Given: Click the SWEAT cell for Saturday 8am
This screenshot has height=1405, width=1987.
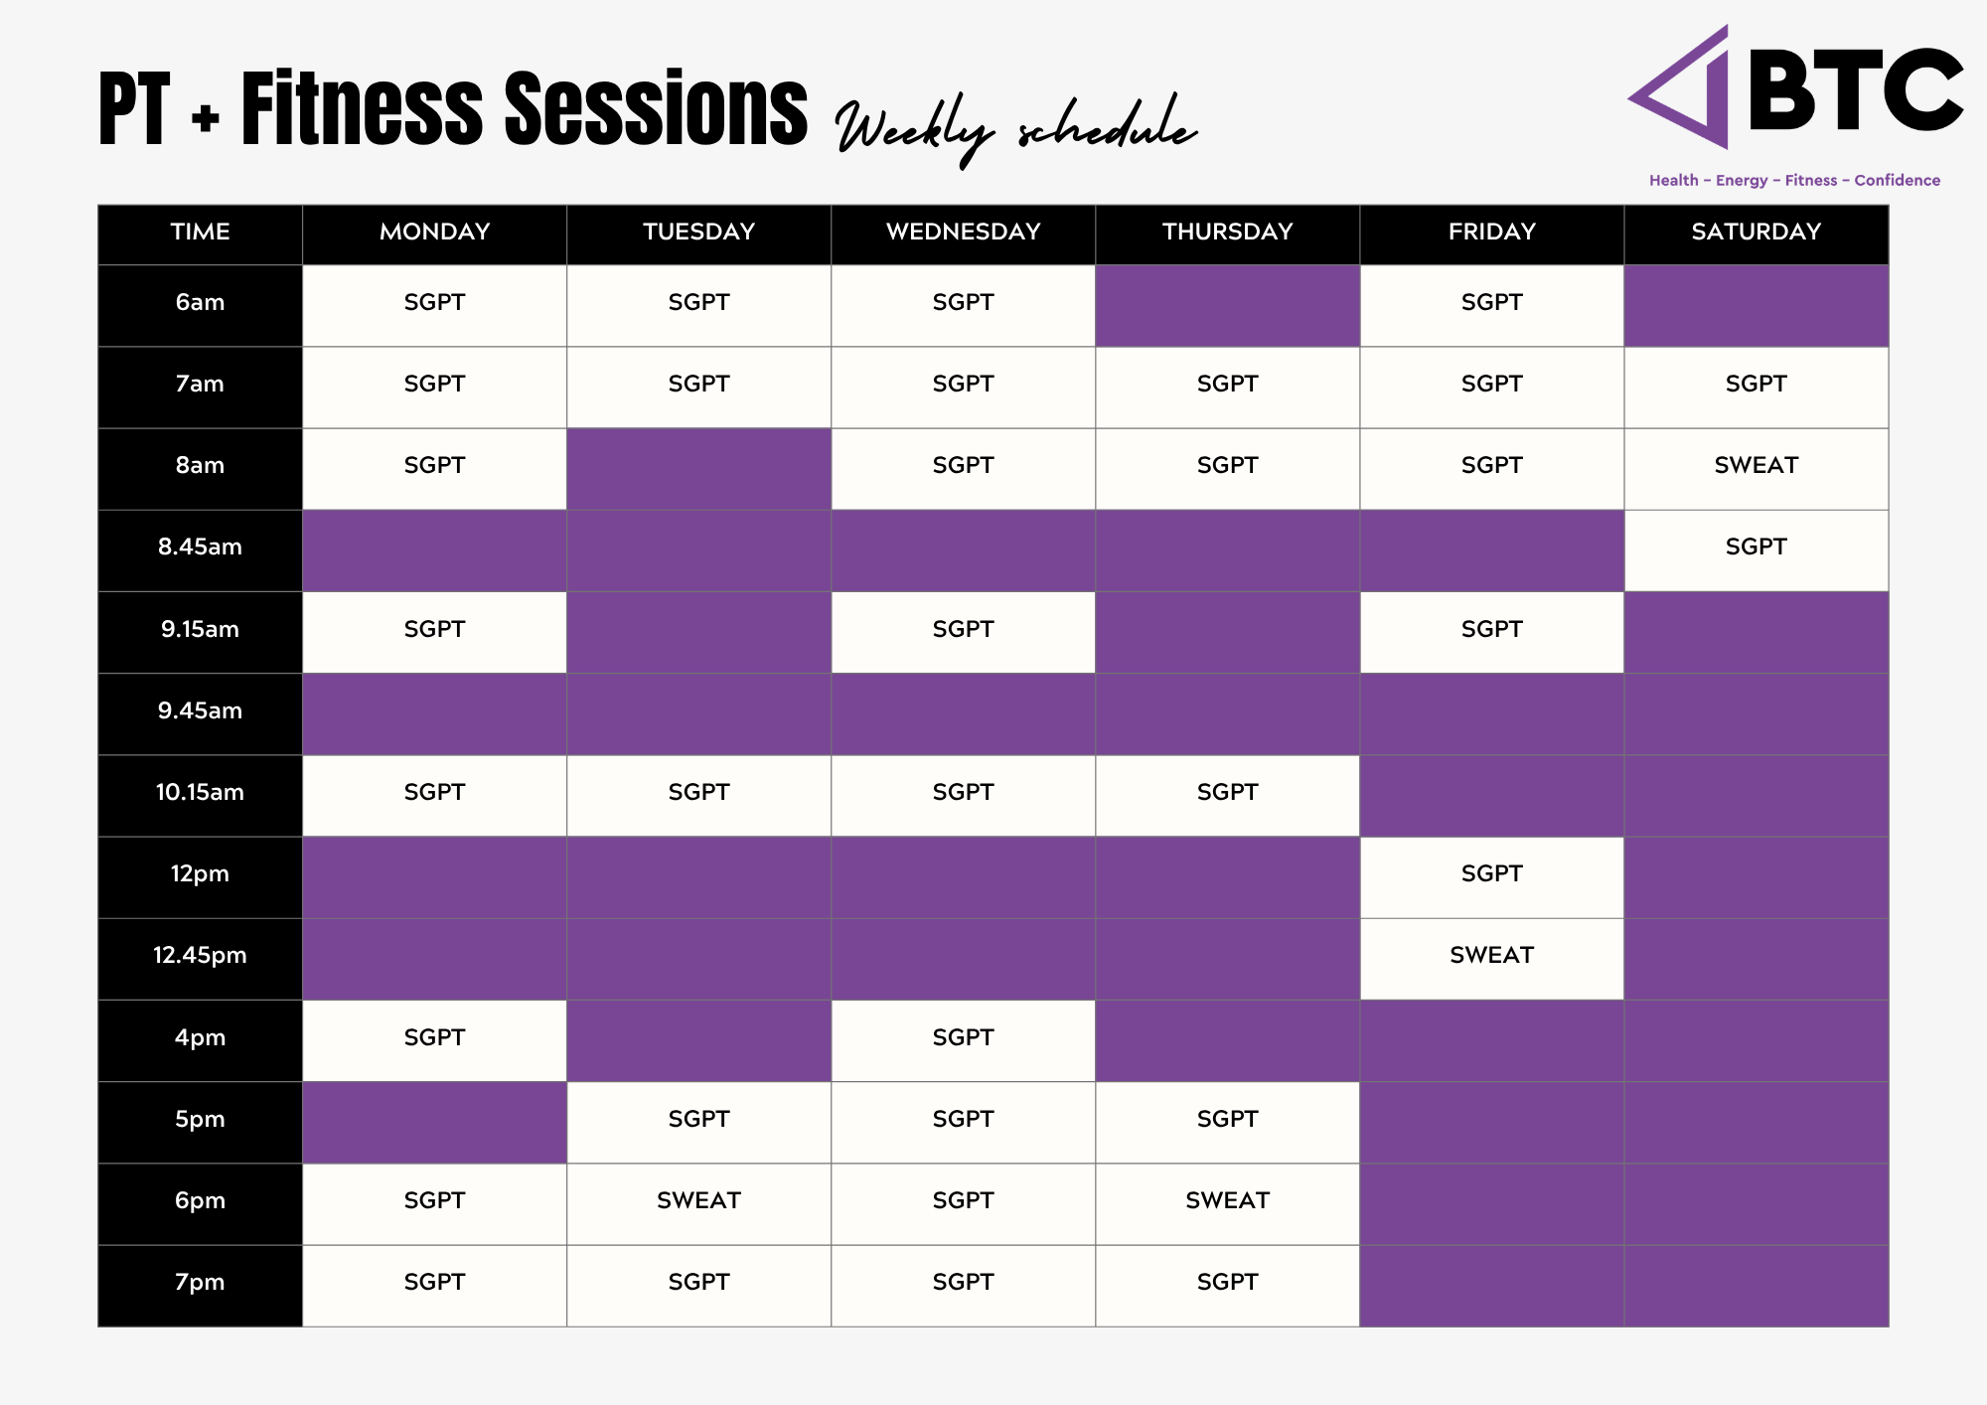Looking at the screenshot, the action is (1756, 469).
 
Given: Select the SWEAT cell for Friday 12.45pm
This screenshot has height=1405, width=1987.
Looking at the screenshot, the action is (1491, 959).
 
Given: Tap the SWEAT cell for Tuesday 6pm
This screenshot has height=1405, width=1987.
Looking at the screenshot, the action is (698, 1204).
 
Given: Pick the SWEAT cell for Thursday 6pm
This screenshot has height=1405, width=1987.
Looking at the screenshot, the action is (1227, 1204).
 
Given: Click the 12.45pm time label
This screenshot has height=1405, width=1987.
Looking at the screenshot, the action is (200, 956).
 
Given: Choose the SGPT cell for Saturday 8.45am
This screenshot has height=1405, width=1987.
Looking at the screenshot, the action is (1756, 550).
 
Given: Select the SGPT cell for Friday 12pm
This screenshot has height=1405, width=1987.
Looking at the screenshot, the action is (1491, 877).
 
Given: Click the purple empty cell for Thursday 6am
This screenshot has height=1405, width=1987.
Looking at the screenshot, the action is (1227, 306).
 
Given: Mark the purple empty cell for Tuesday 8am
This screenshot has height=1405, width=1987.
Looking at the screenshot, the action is (698, 469).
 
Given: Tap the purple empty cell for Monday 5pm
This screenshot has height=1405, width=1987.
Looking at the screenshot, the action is (434, 1123).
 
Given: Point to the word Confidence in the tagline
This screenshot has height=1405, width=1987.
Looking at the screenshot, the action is (1897, 180).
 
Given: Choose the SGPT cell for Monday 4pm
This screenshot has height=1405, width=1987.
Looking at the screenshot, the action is (434, 1040).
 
